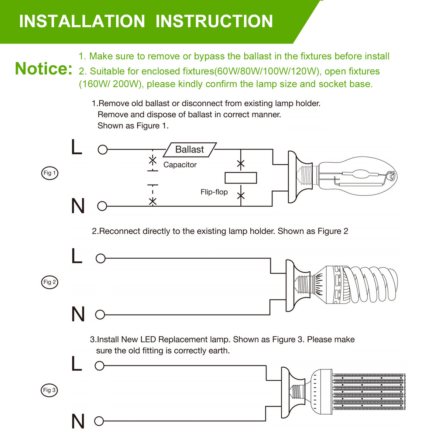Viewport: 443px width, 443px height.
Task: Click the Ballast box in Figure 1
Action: (x=190, y=150)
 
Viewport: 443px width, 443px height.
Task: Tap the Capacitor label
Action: (x=180, y=165)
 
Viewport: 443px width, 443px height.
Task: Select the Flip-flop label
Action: (x=214, y=192)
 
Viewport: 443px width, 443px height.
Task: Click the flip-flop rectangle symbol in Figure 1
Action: (x=241, y=178)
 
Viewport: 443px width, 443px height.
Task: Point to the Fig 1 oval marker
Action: (x=49, y=173)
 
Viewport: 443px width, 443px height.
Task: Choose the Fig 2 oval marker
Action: (x=49, y=282)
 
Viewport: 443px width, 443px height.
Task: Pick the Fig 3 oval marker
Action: (x=49, y=390)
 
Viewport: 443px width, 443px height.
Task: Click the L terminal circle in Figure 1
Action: (x=103, y=150)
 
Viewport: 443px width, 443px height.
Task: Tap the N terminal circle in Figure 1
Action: (x=102, y=206)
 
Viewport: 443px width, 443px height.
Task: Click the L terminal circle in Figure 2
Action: (x=100, y=258)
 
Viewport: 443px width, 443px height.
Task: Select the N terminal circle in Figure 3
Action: (x=99, y=421)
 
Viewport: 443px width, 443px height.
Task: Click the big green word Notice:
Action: (x=44, y=69)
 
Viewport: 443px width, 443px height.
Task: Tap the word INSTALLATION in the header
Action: (x=82, y=21)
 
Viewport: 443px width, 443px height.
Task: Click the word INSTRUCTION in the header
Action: (x=214, y=21)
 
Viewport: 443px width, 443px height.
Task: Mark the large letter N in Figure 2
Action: (x=78, y=315)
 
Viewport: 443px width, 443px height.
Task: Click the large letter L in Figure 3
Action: (x=77, y=364)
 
